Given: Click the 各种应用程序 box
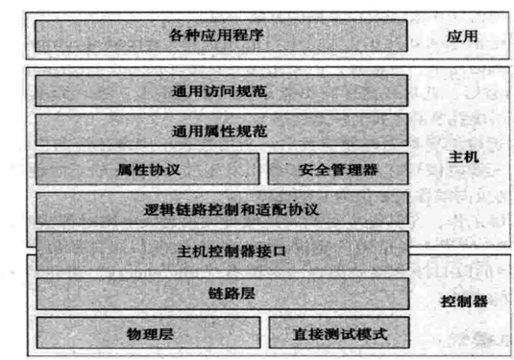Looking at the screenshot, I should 222,36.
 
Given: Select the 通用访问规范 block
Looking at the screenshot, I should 222,93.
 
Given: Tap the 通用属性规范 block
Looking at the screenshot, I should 222,131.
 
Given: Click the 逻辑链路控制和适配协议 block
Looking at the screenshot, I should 222,208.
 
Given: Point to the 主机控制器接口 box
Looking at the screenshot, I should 222,252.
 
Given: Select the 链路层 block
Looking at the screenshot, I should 222,293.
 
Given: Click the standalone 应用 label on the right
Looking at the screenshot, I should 462,37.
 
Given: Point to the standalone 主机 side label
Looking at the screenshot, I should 462,156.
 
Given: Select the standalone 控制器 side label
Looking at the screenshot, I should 462,300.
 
